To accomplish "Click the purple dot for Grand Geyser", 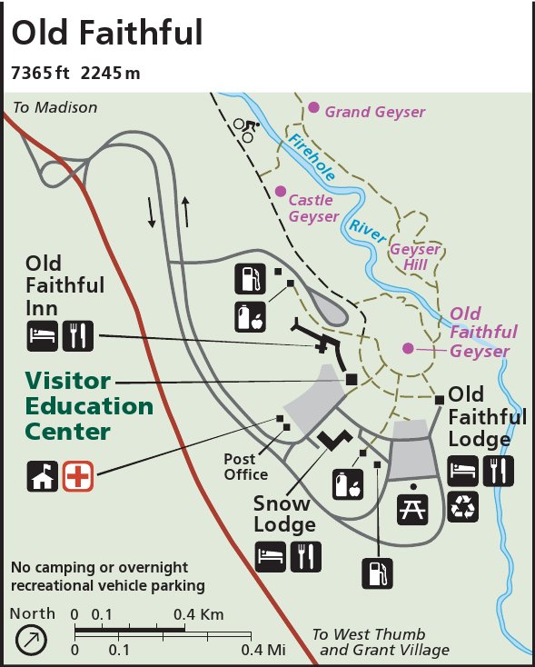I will coord(313,107).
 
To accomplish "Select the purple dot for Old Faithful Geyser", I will coord(408,347).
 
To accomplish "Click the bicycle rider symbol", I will coord(246,130).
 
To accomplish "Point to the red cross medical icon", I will coord(77,476).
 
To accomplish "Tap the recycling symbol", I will coord(463,506).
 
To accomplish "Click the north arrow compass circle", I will coord(32,640).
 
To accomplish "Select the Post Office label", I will coord(246,466).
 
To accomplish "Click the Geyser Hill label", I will coord(415,256).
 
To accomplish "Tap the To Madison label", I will coord(54,107).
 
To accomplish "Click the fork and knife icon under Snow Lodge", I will coord(306,556).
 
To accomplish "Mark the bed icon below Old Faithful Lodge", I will coord(463,471).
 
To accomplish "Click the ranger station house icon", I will coord(43,476).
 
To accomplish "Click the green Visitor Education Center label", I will coord(89,405).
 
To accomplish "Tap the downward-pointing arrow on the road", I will coord(152,211).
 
